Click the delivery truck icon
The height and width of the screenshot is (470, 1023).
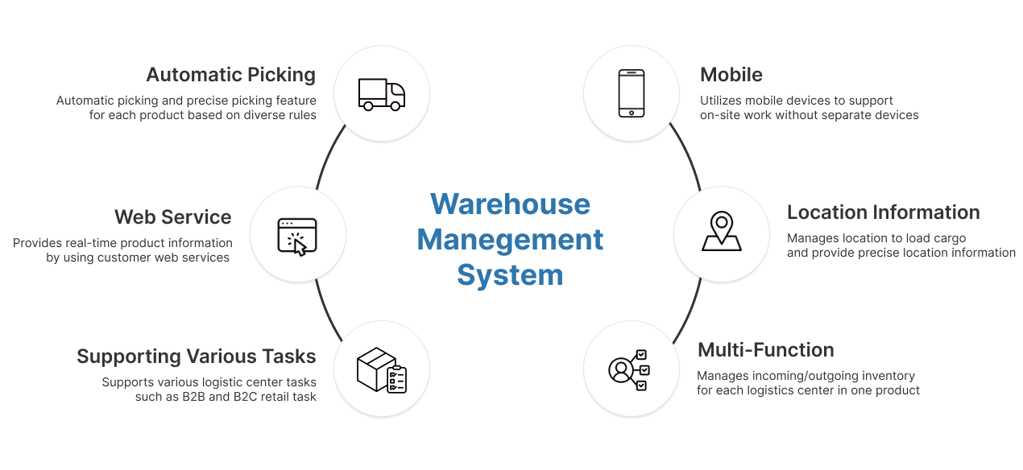[x=382, y=94]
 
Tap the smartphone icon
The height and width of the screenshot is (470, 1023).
[x=632, y=93]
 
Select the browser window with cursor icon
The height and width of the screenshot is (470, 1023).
[x=297, y=237]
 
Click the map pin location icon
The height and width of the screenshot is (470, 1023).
[x=722, y=231]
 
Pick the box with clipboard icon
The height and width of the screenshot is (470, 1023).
[x=382, y=370]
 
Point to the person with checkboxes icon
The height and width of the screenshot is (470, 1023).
[x=629, y=370]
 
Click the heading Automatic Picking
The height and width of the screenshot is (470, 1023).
[x=230, y=75]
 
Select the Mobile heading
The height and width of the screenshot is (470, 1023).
[x=731, y=75]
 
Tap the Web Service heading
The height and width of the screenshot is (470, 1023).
[x=172, y=217]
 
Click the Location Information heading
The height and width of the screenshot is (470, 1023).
[x=884, y=212]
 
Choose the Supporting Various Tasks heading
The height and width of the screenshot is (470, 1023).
[x=197, y=357]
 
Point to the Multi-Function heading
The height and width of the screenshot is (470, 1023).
[x=766, y=350]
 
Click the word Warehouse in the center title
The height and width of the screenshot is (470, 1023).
[x=510, y=204]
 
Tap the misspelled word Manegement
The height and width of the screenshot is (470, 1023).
[x=510, y=240]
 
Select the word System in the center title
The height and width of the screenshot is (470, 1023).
[x=510, y=275]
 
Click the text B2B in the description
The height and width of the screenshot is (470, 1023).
[x=193, y=397]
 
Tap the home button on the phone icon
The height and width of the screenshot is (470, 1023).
[x=632, y=113]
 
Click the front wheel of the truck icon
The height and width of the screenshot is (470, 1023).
[x=395, y=106]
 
